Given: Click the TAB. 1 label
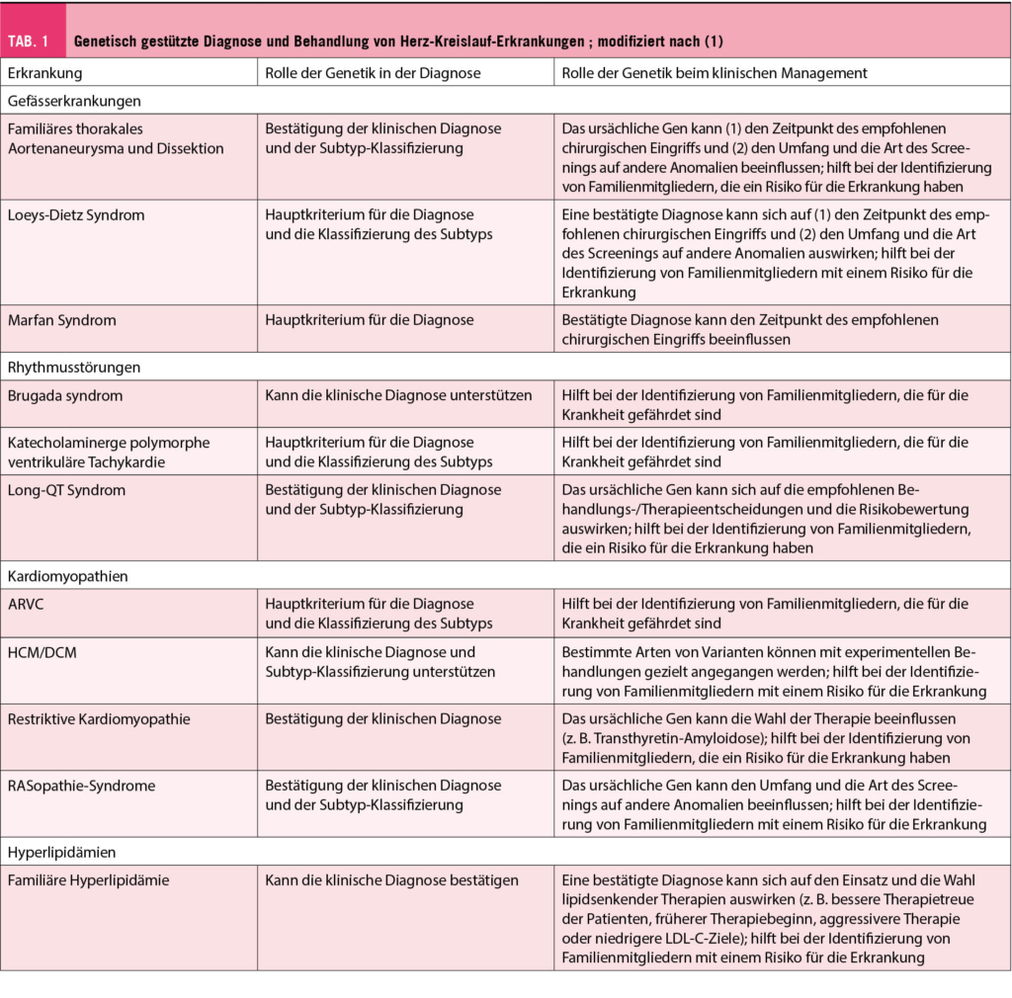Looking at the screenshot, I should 34,42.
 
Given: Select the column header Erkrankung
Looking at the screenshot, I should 44,72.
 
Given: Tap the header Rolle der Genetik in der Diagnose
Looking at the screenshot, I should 373,72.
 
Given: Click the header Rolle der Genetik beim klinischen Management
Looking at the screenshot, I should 715,72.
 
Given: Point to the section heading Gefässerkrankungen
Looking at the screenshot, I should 74,100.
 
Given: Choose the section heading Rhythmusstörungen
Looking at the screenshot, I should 73,367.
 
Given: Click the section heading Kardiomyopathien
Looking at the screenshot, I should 66,575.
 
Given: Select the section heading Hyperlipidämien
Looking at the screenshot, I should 61,852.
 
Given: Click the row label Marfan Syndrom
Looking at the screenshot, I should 61,320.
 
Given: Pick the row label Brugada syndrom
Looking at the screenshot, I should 64,395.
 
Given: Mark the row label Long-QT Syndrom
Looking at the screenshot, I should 66,490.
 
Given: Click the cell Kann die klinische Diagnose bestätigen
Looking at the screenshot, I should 391,879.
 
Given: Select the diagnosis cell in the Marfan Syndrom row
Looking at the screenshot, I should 369,320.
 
